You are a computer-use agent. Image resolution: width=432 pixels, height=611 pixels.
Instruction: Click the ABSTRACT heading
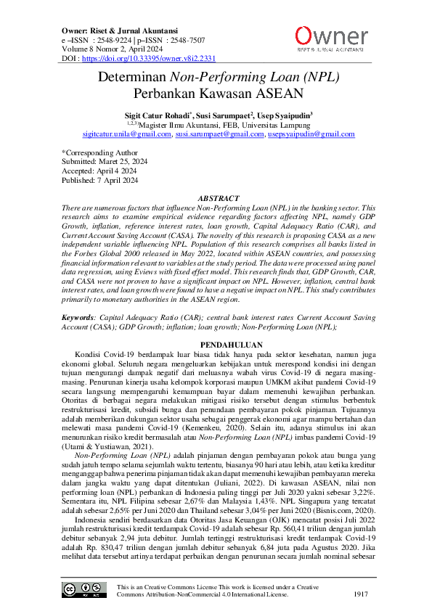pyautogui.click(x=218, y=198)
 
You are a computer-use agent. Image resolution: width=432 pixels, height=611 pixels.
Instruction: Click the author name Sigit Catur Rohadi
pyautogui.click(x=155, y=115)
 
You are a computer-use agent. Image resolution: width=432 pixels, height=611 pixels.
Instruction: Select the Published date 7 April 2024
pyautogui.click(x=118, y=181)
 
